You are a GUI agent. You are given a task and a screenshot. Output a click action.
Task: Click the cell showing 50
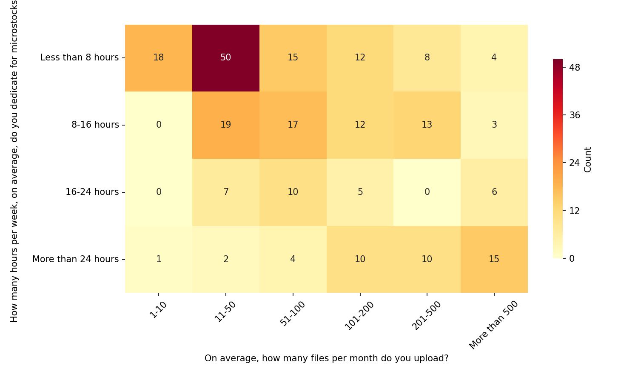click(225, 58)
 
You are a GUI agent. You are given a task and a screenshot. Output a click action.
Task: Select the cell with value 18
click(158, 58)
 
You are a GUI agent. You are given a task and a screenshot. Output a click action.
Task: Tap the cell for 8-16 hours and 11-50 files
click(225, 125)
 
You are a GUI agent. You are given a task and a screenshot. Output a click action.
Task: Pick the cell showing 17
click(293, 125)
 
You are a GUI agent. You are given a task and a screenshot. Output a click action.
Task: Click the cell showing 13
click(427, 125)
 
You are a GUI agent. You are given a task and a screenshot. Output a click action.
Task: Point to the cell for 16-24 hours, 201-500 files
click(427, 192)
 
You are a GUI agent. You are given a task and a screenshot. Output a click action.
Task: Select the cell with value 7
click(225, 192)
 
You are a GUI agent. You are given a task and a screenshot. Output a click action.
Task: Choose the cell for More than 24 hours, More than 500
click(494, 259)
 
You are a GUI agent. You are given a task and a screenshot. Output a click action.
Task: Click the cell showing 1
click(158, 259)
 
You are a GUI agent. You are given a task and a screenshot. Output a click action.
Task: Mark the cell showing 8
click(427, 58)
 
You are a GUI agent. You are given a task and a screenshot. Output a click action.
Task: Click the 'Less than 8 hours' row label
click(80, 57)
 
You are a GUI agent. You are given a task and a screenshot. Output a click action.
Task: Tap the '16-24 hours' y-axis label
click(92, 192)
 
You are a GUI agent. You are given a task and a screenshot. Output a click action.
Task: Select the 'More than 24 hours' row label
click(75, 259)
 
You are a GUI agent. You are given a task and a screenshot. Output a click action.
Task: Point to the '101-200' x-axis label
click(359, 315)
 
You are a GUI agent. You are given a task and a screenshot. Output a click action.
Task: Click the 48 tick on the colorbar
click(575, 68)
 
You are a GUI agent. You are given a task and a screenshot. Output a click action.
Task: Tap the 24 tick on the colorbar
click(575, 163)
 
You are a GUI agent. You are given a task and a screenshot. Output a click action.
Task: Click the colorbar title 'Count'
click(588, 160)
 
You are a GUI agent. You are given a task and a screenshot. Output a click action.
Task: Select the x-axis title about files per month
click(326, 358)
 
